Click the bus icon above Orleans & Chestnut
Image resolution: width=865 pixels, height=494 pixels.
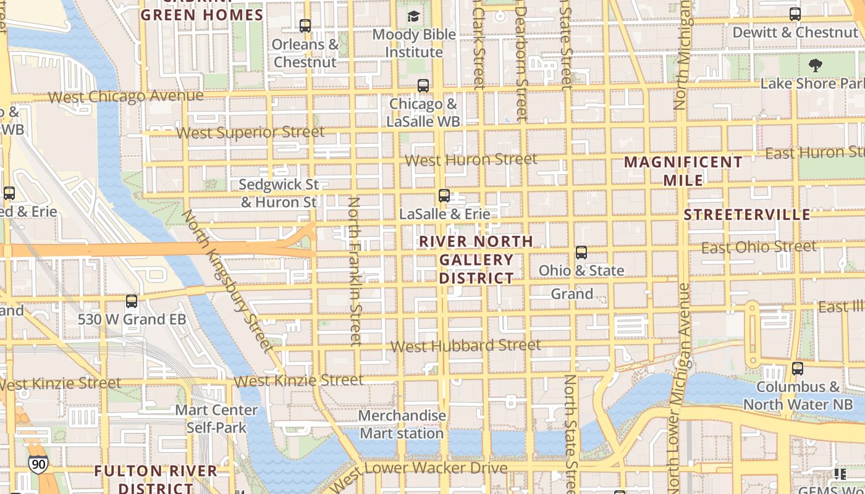coord(305,26)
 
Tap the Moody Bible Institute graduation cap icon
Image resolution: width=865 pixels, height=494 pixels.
coord(413,17)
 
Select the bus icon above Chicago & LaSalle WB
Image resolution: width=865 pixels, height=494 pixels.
coord(423,86)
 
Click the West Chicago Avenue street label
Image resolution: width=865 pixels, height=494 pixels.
coord(125,96)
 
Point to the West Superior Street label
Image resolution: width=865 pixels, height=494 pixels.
coord(250,132)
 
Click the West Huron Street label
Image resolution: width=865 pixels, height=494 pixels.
coord(471,160)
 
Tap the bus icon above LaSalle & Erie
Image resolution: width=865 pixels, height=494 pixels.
coord(444,196)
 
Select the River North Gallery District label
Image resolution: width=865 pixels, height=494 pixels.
coord(476,259)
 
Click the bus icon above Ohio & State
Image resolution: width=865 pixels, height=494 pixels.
coord(581,253)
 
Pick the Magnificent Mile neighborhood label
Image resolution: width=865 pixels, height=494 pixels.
coord(683,171)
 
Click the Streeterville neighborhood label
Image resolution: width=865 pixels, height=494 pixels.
coord(746,215)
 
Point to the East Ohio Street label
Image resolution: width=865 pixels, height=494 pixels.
coord(759,248)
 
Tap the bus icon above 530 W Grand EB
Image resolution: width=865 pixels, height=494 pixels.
coord(132,301)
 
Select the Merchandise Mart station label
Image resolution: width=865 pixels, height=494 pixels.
coord(402,424)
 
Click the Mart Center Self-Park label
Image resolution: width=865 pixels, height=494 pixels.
coord(216,418)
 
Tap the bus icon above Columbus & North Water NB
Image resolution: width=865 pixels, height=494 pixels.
coord(798,369)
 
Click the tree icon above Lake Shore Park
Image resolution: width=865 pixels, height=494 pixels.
coord(815,65)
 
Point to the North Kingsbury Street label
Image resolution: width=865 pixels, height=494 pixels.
coord(227,281)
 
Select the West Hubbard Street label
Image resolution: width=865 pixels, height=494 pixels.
coord(466,346)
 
